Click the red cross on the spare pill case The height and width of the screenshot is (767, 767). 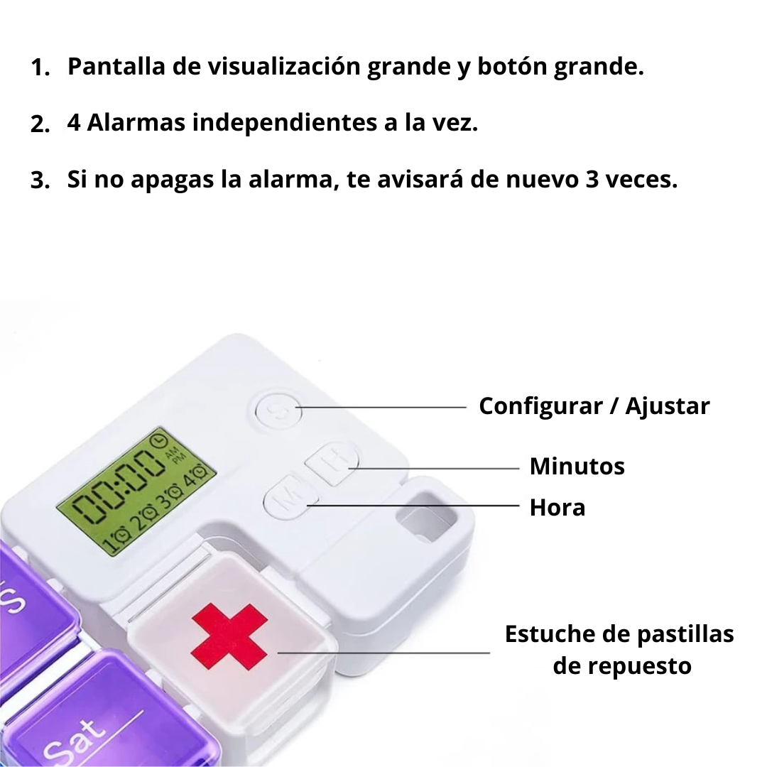click(x=229, y=636)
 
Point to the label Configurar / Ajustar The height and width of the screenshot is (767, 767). click(x=594, y=406)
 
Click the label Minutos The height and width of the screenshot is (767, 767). click(x=577, y=467)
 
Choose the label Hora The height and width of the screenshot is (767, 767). click(x=557, y=508)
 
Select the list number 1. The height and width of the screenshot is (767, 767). click(x=40, y=68)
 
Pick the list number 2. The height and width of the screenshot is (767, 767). click(x=40, y=124)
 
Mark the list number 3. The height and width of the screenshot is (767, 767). click(x=40, y=180)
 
